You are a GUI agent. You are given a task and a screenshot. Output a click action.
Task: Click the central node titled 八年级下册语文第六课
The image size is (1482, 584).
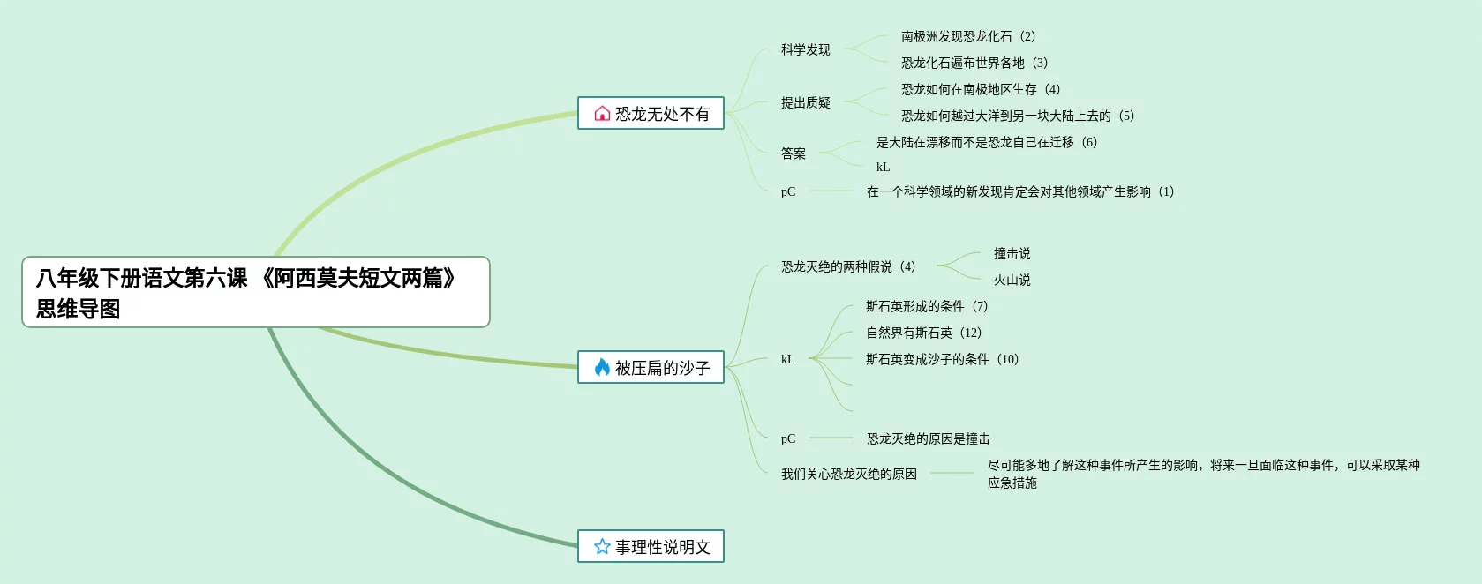(255, 292)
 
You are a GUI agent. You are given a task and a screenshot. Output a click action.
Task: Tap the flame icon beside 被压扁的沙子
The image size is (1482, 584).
(602, 367)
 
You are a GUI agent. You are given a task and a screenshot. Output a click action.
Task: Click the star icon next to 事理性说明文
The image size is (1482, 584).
(602, 547)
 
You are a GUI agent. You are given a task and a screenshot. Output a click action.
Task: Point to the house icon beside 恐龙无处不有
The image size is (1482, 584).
(602, 114)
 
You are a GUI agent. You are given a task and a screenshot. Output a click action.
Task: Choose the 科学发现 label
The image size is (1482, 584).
(805, 49)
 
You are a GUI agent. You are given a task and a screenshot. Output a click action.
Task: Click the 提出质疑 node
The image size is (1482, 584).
(805, 102)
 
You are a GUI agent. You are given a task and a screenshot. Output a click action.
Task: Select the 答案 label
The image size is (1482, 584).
(793, 153)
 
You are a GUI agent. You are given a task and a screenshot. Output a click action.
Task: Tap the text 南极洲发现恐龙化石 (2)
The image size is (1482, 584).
(967, 36)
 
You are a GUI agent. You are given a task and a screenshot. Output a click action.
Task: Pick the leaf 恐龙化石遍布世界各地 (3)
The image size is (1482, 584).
(974, 63)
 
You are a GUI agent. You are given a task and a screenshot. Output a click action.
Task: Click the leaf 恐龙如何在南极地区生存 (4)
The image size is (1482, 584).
(980, 89)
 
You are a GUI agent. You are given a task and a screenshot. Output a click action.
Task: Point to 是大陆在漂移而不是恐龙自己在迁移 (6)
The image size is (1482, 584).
(986, 142)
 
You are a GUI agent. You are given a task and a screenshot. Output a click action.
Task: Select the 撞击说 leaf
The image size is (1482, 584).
(1012, 253)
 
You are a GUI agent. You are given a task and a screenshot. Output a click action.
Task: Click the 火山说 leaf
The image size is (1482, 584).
(1012, 280)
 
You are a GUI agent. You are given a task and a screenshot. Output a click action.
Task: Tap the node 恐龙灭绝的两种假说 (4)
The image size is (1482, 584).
(847, 266)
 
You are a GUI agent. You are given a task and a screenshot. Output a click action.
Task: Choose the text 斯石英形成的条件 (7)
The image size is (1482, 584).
(926, 306)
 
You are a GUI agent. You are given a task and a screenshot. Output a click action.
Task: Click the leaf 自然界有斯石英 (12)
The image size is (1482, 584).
(923, 333)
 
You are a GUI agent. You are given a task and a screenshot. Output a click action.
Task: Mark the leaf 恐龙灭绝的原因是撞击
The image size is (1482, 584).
(928, 438)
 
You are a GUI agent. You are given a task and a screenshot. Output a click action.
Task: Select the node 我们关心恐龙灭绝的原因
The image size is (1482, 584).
(848, 474)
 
